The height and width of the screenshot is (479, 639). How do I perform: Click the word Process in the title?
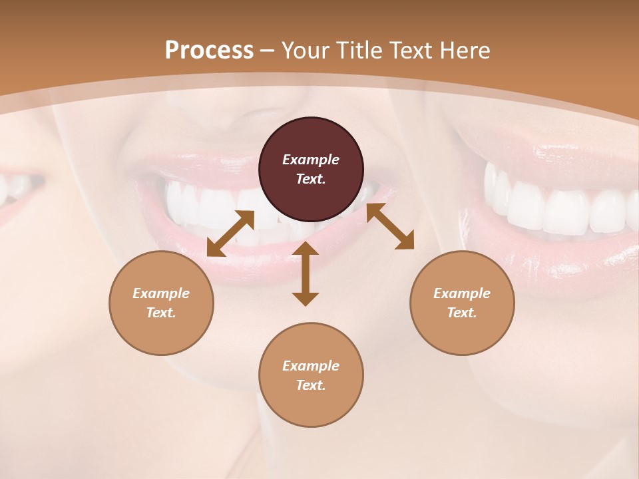click(209, 51)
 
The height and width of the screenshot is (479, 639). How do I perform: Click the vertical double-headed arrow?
click(306, 273)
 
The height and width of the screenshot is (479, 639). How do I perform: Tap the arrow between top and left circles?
click(230, 234)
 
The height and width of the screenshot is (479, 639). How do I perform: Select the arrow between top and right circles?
click(391, 226)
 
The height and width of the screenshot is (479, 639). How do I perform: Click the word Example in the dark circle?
click(311, 160)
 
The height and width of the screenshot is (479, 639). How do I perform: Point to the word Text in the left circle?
click(161, 313)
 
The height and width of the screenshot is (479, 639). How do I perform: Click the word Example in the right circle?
click(462, 293)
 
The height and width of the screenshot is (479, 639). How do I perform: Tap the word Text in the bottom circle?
click(311, 385)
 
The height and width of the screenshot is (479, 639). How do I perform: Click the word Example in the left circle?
click(161, 293)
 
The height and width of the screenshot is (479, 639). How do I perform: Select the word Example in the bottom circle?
click(311, 366)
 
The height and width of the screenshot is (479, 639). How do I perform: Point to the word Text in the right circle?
click(462, 313)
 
